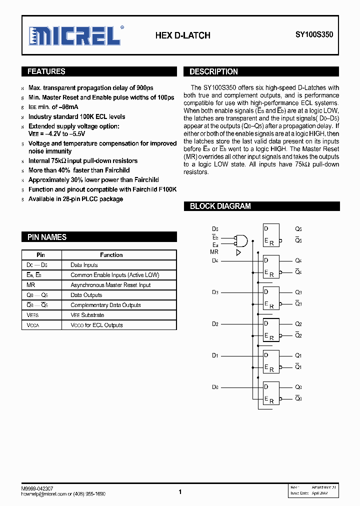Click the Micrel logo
(x=75, y=35)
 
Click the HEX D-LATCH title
(x=182, y=35)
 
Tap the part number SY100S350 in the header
(x=313, y=35)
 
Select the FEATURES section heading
(x=46, y=71)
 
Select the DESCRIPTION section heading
(x=213, y=71)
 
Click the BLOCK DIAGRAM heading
(x=220, y=206)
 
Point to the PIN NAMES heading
(x=46, y=237)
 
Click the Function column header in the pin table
(x=111, y=255)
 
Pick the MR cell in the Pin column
(x=30, y=285)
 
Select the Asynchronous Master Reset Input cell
(x=110, y=285)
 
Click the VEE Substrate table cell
(x=87, y=315)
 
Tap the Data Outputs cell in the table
(x=86, y=295)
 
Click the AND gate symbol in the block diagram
(x=242, y=240)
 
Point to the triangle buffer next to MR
(x=238, y=252)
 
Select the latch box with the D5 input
(x=271, y=235)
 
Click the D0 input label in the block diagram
(x=214, y=387)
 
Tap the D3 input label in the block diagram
(x=214, y=292)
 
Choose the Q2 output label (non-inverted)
(x=298, y=324)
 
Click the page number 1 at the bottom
(x=180, y=492)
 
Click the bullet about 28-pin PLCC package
(x=75, y=199)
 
